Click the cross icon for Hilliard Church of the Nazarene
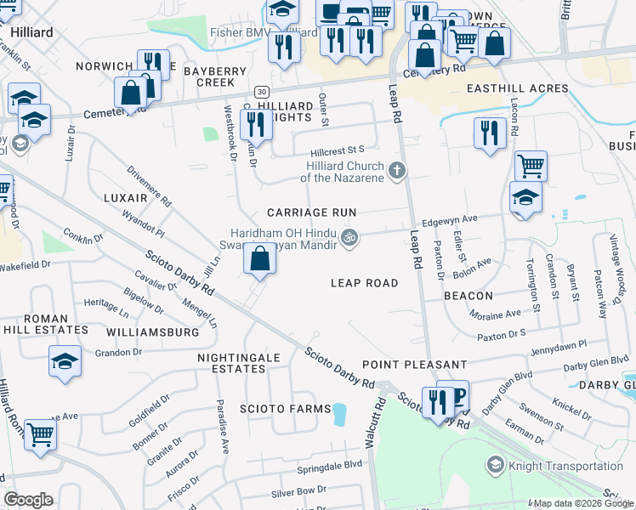point(395,173)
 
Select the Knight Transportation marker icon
point(495,465)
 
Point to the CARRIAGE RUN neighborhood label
point(310,212)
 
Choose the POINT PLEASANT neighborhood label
point(414,364)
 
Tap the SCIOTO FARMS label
point(286,409)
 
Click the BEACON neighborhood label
point(468,296)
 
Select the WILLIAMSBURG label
point(152,332)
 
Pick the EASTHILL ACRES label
point(516,88)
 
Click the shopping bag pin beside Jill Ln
point(259,258)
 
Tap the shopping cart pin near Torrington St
point(531,165)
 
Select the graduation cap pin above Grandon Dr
point(65,362)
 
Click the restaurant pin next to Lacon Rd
point(490,133)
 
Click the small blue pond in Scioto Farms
point(340,414)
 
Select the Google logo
point(28,500)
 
